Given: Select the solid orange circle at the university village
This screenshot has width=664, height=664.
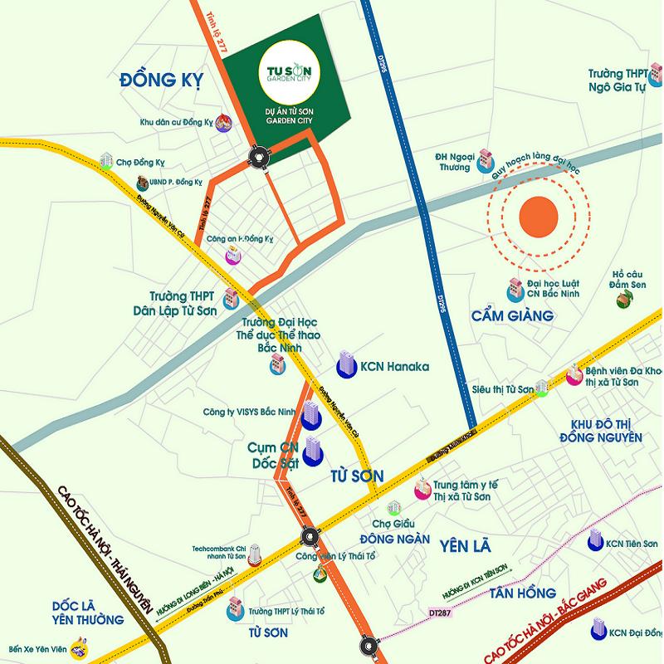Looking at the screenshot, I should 537,217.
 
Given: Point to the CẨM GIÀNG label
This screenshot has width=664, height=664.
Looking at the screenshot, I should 512,315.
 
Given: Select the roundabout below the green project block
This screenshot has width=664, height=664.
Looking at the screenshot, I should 259,155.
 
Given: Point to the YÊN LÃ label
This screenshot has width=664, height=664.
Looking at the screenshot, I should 466,545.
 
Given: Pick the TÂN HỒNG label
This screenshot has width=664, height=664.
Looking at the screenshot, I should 521,593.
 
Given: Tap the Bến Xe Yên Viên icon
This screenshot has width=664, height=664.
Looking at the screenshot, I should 81,643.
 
